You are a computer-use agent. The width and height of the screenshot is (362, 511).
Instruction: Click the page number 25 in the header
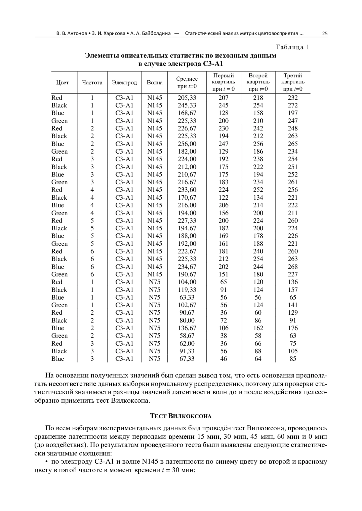pos(325,33)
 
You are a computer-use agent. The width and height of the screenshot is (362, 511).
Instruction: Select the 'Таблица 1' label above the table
pos(293,47)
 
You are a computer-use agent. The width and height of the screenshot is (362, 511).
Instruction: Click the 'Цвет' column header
pos(62,83)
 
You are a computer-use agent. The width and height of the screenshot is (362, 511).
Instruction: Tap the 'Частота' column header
pos(92,83)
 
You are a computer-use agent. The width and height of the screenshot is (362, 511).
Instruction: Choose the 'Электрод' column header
pos(124,83)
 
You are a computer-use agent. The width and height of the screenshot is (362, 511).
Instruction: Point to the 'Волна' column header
pos(154,83)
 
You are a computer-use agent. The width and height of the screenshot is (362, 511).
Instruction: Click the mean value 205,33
pos(187,98)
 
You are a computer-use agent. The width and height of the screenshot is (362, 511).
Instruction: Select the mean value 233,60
pos(187,190)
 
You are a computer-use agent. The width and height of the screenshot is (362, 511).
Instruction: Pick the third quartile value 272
pos(293,105)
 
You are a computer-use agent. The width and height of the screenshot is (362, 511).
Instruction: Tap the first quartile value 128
pos(224,113)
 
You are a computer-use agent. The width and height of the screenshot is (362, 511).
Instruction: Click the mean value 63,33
pos(187,298)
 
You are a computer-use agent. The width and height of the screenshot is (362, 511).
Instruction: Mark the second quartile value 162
pos(258,328)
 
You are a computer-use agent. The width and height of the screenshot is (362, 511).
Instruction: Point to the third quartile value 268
pos(293,267)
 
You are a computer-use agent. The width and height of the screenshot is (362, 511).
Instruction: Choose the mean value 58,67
pos(187,336)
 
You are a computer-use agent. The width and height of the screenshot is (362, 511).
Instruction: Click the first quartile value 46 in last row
pos(224,359)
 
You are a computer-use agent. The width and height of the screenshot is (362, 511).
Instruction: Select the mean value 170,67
pos(187,198)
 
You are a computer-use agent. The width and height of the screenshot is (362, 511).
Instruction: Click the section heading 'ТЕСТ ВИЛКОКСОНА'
pos(181,416)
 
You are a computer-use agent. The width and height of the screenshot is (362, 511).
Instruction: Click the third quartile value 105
pos(293,351)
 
